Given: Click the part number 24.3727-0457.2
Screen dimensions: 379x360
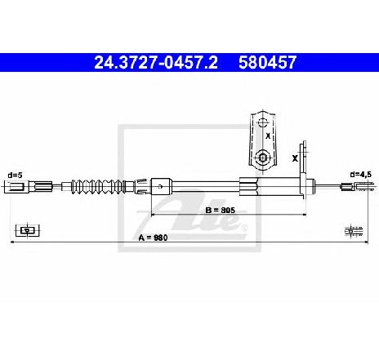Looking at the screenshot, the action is pos(156,62).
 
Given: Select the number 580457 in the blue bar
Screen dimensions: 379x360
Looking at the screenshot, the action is pos(267,62).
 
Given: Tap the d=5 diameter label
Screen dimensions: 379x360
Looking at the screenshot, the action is pos(15,175).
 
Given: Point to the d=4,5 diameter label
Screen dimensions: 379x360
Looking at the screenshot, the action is pos(360,174).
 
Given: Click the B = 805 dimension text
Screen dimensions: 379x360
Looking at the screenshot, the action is pos(221,210).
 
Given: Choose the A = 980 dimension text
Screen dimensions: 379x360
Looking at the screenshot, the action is pos(153,238).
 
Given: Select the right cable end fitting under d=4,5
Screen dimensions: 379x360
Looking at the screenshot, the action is pos(359,186).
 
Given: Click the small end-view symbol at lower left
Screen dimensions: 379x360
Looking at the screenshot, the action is pos(28,231).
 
